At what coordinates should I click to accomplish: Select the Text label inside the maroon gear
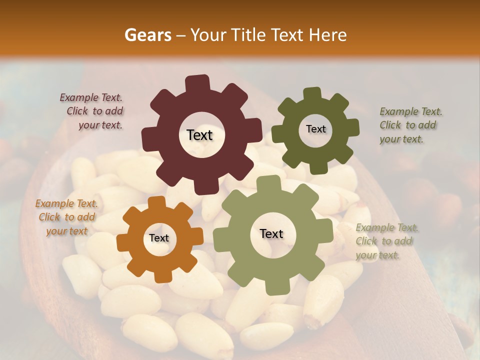(x=199, y=135)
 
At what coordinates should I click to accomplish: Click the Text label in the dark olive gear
(x=315, y=129)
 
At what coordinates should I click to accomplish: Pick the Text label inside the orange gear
(x=159, y=238)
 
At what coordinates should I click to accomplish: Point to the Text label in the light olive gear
(x=271, y=234)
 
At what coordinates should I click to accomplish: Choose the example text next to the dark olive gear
(x=409, y=125)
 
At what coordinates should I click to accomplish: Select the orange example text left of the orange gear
(x=66, y=217)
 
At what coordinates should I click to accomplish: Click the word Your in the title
(x=206, y=35)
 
